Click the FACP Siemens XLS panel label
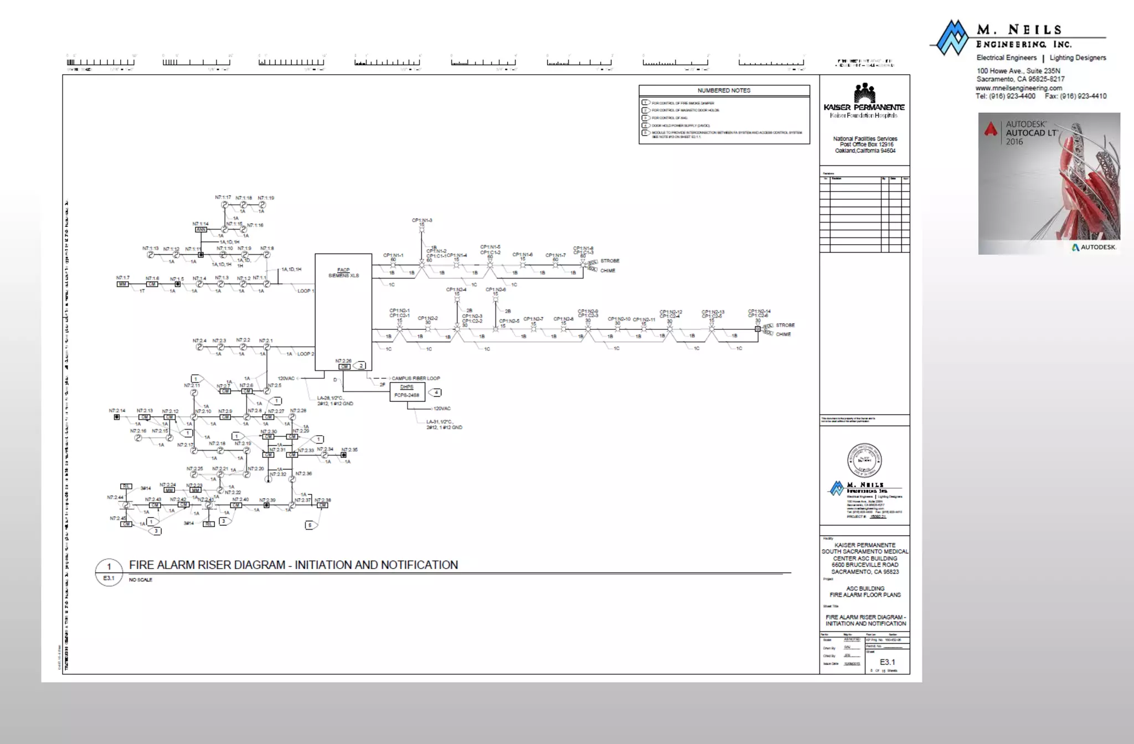click(x=343, y=273)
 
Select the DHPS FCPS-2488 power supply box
click(x=407, y=392)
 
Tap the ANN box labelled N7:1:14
click(x=201, y=230)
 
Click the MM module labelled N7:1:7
click(x=122, y=284)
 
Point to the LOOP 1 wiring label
click(x=305, y=291)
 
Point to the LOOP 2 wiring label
click(x=305, y=354)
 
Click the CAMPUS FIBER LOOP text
click(x=416, y=379)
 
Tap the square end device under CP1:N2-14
click(x=757, y=329)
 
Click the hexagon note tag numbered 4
click(x=436, y=392)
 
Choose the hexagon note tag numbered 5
click(x=310, y=525)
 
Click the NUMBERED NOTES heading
click(x=724, y=90)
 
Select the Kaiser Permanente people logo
click(x=864, y=93)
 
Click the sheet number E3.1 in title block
click(x=887, y=662)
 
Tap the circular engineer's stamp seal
click(x=864, y=460)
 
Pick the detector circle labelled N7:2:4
click(x=199, y=347)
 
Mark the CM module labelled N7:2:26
click(x=344, y=366)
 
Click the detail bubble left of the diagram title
click(x=109, y=572)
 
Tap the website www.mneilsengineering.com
click(x=1019, y=88)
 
